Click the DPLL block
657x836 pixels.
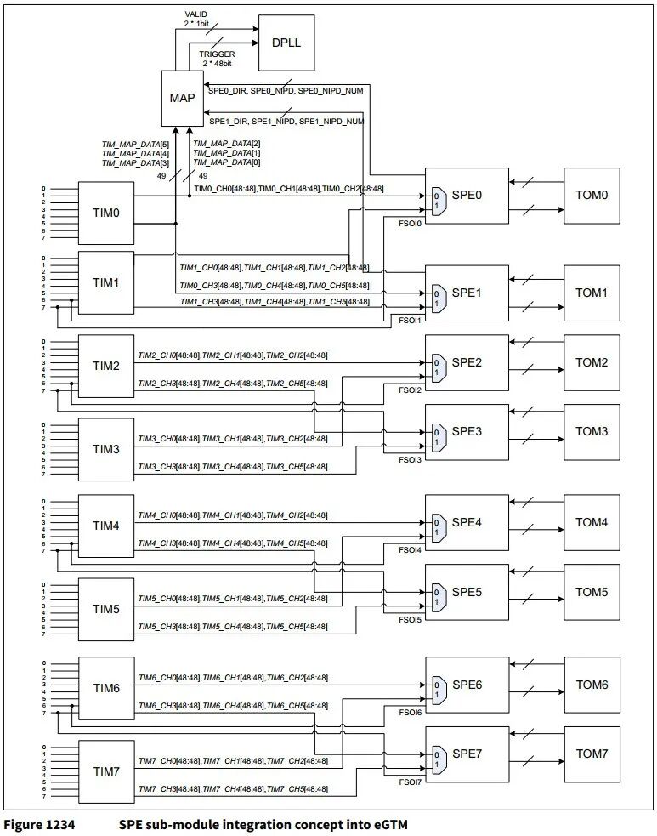[286, 43]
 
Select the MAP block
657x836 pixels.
[182, 98]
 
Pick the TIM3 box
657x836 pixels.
[105, 448]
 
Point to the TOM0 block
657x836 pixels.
[592, 195]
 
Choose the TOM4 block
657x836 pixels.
[592, 522]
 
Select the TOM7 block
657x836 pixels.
[592, 754]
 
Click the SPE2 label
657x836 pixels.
[467, 362]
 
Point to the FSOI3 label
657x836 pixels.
[410, 459]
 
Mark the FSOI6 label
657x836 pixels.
[410, 712]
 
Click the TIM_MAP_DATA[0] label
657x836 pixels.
[227, 162]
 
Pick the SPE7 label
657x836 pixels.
[467, 755]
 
